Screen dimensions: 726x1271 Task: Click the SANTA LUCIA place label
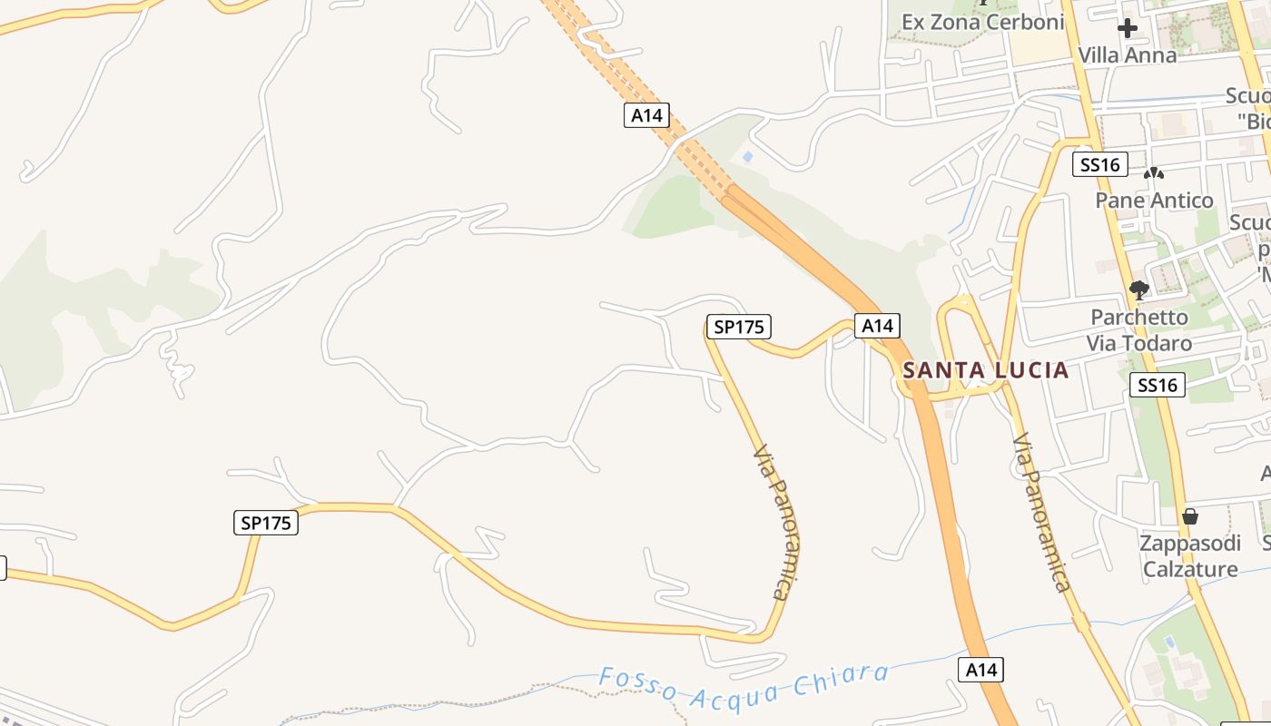(x=986, y=370)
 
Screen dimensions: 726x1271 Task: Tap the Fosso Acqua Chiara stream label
(x=744, y=685)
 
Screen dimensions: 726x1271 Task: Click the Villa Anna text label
(x=1127, y=55)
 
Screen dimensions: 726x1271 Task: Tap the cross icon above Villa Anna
(x=1127, y=28)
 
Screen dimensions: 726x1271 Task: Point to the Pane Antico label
(x=1154, y=201)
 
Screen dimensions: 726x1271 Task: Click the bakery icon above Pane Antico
(x=1153, y=172)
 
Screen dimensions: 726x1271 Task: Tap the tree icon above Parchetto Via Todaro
(x=1138, y=290)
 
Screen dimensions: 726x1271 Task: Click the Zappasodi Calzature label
(x=1190, y=556)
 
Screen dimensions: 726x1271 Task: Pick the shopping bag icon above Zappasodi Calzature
(x=1189, y=516)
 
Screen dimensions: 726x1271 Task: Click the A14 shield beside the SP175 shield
(x=877, y=326)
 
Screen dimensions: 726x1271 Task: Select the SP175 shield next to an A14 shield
(x=739, y=327)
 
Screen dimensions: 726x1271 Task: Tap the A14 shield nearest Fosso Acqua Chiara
(x=981, y=671)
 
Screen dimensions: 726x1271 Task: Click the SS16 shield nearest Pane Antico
(x=1100, y=164)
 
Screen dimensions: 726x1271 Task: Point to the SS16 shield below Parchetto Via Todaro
(x=1158, y=385)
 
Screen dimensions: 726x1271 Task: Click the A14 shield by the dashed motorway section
(x=647, y=115)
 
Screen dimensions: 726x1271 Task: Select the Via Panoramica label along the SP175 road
(x=774, y=522)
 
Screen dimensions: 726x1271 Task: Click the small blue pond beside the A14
(x=747, y=156)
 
